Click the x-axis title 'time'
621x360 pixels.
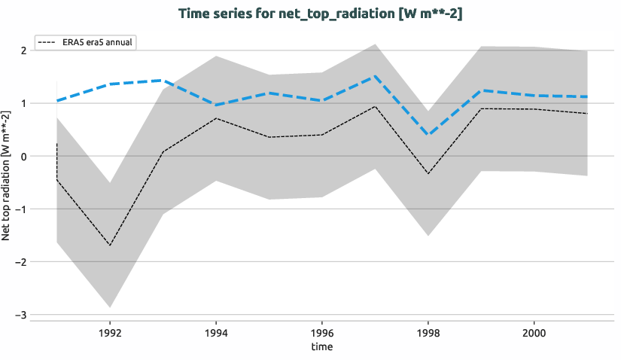pyautogui.click(x=321, y=346)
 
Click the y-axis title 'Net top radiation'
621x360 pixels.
pyautogui.click(x=7, y=175)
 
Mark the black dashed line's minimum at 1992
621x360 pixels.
pyautogui.click(x=110, y=246)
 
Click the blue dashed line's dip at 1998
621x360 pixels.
pyautogui.click(x=428, y=135)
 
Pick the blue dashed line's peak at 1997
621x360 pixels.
pyautogui.click(x=375, y=76)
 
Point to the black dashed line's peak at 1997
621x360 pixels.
pyautogui.click(x=375, y=106)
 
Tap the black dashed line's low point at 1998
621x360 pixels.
pyautogui.click(x=428, y=174)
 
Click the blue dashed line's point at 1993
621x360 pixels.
pyautogui.click(x=163, y=80)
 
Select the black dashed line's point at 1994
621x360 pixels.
pyautogui.click(x=216, y=118)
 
